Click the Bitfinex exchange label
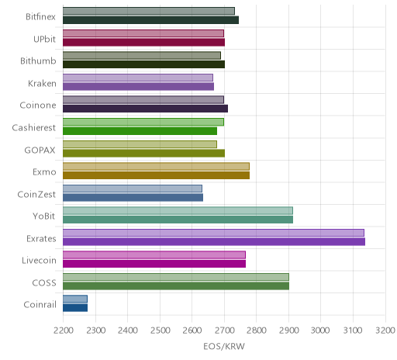click(40, 17)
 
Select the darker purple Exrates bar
click(214, 242)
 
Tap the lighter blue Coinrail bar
click(75, 299)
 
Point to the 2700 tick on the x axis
click(224, 331)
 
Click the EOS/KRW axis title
click(224, 346)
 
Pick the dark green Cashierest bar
click(140, 131)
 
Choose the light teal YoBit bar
click(178, 211)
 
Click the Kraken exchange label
click(42, 84)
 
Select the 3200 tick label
click(385, 331)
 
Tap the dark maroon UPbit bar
click(143, 43)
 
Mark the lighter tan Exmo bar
click(156, 166)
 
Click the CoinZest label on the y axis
click(36, 194)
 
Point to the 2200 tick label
click(64, 331)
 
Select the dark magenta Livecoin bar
click(154, 264)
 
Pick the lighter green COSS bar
click(176, 277)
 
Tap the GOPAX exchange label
click(40, 150)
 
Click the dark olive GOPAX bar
click(143, 153)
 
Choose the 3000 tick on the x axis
click(320, 331)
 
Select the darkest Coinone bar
click(145, 109)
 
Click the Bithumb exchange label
click(38, 61)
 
